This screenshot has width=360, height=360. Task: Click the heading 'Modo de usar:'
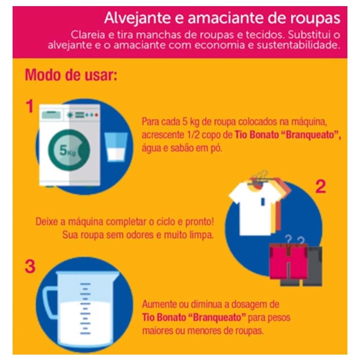tap(71, 75)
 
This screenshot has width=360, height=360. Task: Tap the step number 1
tap(30, 106)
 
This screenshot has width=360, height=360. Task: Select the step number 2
tap(320, 186)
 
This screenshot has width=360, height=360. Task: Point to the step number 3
tap(30, 266)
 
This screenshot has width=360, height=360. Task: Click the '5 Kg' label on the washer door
tap(67, 150)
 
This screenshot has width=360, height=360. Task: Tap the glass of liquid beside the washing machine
tap(116, 147)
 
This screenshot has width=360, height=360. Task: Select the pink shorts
tap(288, 261)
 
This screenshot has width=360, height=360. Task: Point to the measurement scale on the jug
tap(85, 309)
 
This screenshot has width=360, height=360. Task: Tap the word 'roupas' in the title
tap(315, 18)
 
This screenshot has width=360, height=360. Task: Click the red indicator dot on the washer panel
tap(96, 115)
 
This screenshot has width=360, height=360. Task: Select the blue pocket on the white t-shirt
tap(263, 201)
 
